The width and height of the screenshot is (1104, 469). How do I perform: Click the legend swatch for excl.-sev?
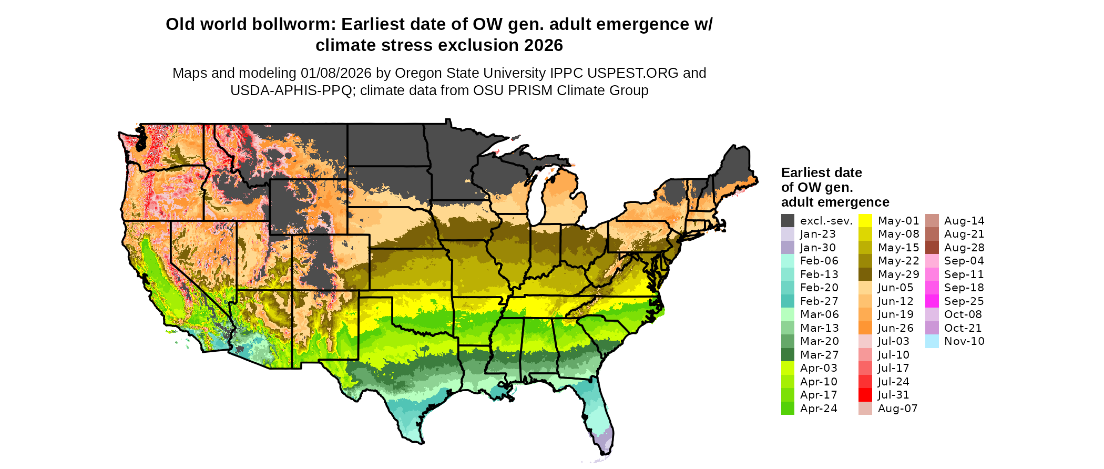click(788, 221)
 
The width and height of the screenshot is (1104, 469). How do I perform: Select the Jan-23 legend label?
click(817, 234)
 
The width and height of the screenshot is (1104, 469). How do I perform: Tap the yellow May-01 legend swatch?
click(865, 221)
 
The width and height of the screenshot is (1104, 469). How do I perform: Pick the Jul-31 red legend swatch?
click(865, 395)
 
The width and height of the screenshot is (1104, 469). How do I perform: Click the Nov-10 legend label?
click(964, 341)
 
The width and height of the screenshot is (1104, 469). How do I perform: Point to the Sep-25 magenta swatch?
click(932, 301)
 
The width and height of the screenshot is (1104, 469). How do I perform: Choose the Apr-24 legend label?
click(819, 409)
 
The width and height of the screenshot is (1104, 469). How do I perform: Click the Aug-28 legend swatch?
click(932, 248)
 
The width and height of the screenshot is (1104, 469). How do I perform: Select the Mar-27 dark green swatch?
click(788, 355)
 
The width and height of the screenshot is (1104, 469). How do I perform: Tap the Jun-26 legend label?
click(896, 328)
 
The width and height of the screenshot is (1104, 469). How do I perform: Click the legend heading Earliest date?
click(821, 172)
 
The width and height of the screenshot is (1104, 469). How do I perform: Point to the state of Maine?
click(733, 168)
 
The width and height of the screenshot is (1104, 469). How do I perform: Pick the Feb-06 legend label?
click(819, 261)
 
